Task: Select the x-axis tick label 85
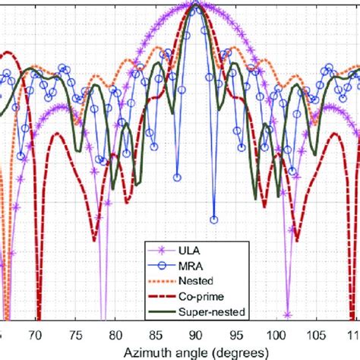click(156, 333)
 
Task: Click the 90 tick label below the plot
click(196, 333)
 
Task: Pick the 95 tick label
click(235, 333)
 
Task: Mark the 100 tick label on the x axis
click(276, 333)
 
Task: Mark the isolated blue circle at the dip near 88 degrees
click(177, 177)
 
